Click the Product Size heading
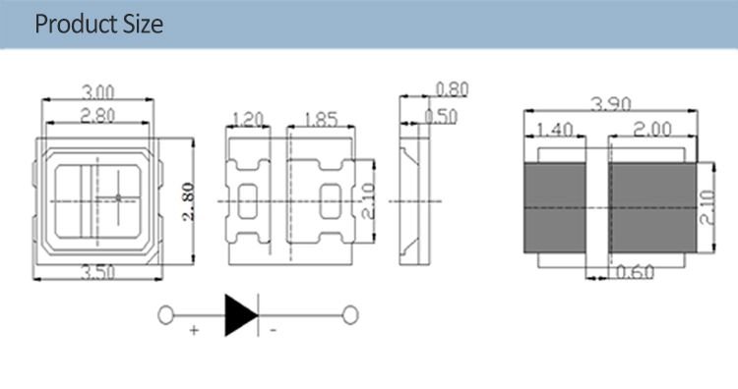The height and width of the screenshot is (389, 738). (x=99, y=25)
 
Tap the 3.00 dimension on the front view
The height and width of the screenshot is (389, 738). (x=95, y=92)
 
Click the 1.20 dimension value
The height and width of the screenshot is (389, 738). (x=246, y=120)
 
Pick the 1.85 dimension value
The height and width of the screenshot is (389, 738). (x=320, y=120)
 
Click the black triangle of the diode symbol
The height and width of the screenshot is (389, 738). (x=240, y=314)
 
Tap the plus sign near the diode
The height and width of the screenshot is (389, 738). (x=194, y=332)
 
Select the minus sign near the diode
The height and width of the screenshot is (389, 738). (x=273, y=332)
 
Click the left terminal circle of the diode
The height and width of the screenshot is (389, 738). (x=167, y=315)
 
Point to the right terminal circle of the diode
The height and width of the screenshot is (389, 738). (x=347, y=315)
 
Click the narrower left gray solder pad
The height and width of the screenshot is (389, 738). (x=552, y=207)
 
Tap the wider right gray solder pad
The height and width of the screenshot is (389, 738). (x=652, y=207)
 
